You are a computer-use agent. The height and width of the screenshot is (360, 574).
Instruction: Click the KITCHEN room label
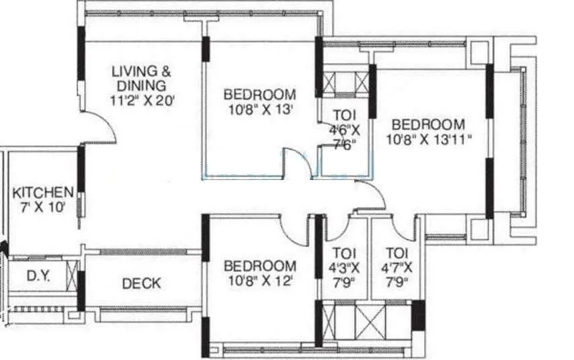tap(43, 192)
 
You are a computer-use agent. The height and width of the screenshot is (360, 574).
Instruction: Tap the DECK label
tap(141, 283)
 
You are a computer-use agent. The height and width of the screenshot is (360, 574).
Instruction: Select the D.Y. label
tap(38, 275)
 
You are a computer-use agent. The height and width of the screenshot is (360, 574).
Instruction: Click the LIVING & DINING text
tap(141, 78)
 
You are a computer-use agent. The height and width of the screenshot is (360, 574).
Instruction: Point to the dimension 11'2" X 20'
tap(142, 100)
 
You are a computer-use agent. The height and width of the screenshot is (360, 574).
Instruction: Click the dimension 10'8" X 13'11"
tap(429, 140)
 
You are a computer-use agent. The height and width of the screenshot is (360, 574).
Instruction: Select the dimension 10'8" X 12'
tap(260, 281)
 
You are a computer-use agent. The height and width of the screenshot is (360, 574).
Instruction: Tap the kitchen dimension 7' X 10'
tap(43, 208)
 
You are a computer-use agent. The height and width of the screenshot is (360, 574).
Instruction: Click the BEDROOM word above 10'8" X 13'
tap(259, 95)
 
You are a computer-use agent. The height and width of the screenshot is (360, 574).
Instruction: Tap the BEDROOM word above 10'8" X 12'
tap(260, 266)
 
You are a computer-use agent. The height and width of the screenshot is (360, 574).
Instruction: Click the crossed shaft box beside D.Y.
tap(72, 275)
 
